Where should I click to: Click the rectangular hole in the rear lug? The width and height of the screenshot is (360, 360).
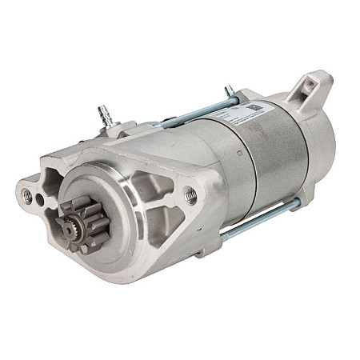[x=309, y=87]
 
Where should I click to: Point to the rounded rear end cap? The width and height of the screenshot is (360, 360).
[x=308, y=152]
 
